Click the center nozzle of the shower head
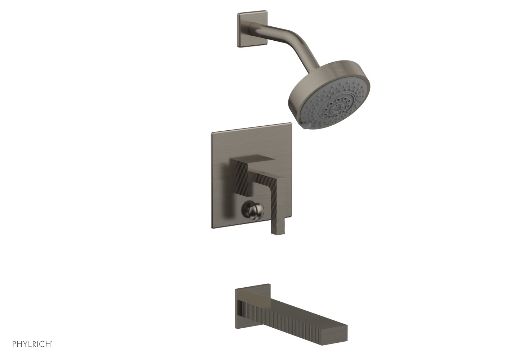[336, 109]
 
